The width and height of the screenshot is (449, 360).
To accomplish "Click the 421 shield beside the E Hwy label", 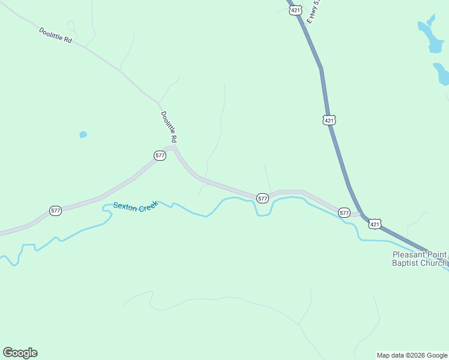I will [x=295, y=10].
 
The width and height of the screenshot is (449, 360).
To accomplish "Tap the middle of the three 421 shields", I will [x=328, y=120].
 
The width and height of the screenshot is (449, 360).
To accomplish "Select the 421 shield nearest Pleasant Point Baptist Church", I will [x=375, y=224].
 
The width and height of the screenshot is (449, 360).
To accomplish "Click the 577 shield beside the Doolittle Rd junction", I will [x=160, y=155].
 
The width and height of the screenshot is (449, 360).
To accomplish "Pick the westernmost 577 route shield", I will [x=55, y=211].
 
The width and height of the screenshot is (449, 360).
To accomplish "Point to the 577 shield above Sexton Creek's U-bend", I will [x=262, y=198].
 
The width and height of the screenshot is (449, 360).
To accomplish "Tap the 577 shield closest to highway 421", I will [x=344, y=212].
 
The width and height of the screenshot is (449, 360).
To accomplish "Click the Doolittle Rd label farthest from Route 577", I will [x=55, y=35].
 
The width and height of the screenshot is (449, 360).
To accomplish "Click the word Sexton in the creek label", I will [x=125, y=206].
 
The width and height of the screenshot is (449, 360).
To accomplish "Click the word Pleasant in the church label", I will [x=408, y=254].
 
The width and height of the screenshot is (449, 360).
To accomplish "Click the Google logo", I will [x=20, y=353].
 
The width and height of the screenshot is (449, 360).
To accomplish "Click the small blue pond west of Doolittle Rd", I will [x=83, y=134].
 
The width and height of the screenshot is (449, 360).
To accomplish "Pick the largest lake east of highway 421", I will [x=434, y=39].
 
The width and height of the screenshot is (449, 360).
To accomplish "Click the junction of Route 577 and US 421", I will [x=362, y=214].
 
